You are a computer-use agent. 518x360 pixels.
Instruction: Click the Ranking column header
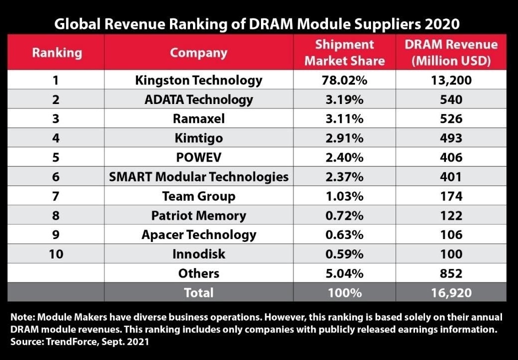coord(56,52)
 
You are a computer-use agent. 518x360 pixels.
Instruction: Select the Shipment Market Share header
coord(344,52)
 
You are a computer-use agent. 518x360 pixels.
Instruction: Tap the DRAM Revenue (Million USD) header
coord(451,52)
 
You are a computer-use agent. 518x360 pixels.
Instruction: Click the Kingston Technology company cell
coord(198,80)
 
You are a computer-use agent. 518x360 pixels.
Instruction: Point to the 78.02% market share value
coord(344,80)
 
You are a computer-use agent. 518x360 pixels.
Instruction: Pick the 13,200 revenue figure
coord(451,80)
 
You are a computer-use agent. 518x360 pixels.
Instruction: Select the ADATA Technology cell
coord(198,99)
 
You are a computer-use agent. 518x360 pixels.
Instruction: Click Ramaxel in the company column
coord(198,118)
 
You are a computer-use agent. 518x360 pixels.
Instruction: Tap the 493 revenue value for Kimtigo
coord(451,138)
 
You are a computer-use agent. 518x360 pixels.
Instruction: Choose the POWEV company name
coord(198,157)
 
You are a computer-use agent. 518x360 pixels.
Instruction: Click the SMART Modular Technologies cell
coord(198,176)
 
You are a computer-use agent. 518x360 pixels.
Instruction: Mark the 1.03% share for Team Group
coord(344,196)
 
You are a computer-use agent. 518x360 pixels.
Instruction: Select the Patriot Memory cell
coord(198,215)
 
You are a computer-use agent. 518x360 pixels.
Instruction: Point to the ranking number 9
coord(56,234)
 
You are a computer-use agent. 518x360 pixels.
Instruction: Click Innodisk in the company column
coord(198,254)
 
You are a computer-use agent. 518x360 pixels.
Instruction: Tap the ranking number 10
coord(56,254)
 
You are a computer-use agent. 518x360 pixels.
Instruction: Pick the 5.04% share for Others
coord(344,273)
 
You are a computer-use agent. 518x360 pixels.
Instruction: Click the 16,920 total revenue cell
coord(451,292)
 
